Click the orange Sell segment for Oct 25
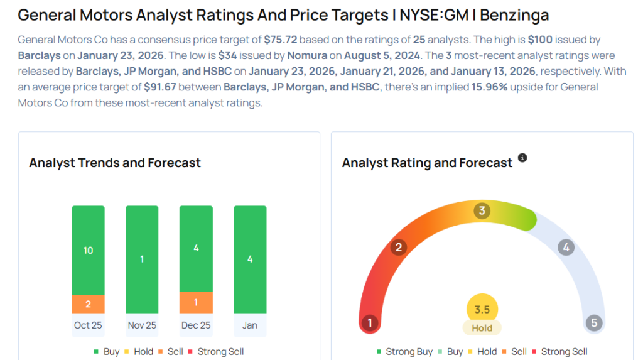point(88,304)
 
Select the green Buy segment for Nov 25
point(142,259)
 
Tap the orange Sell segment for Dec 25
point(196,302)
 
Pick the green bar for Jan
point(250,259)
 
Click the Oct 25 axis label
point(88,325)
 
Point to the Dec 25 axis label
point(196,325)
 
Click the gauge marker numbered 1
point(370,323)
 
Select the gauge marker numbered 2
point(397,248)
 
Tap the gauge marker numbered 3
point(482,211)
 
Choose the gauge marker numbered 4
point(566,248)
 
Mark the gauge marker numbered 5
point(593,323)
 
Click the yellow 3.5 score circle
point(482,309)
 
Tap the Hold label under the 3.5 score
point(482,327)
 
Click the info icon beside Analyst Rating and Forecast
point(522,158)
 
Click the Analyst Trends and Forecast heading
point(115,163)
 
